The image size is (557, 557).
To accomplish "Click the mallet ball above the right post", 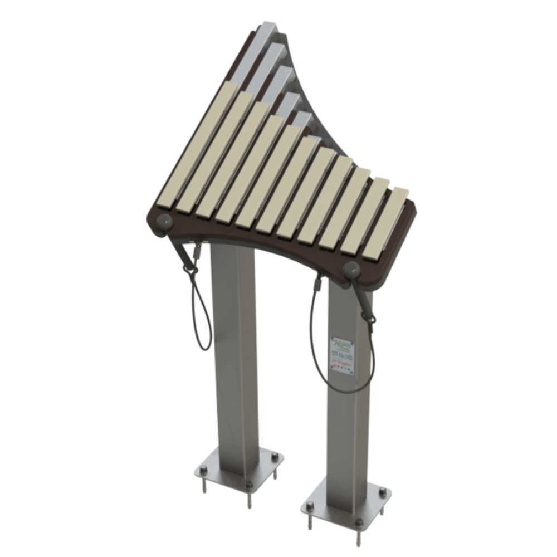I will click(353, 271).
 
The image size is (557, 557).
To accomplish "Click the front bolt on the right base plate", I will click(359, 523).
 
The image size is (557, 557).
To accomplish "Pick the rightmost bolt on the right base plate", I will click(382, 492).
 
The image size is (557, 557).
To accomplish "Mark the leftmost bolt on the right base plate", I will click(310, 506).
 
